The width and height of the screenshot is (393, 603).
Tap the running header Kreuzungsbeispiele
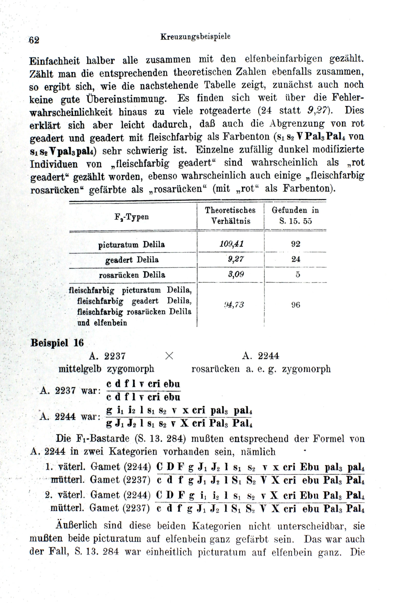(195, 37)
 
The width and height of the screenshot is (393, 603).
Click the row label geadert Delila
(132, 260)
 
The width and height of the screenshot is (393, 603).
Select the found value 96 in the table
(296, 305)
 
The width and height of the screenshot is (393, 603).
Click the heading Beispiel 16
(57, 343)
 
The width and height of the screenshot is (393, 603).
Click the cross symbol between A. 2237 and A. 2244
(169, 356)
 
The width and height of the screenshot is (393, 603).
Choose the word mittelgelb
(80, 369)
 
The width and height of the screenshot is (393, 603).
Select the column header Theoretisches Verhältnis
(230, 216)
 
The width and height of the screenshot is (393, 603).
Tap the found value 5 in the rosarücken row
(297, 275)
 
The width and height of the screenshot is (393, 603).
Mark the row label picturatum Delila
(132, 244)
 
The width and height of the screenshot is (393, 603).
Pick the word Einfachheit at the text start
(55, 61)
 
